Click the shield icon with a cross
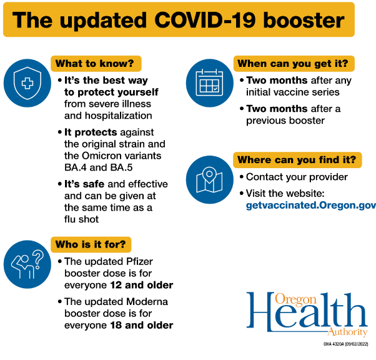[x=27, y=83]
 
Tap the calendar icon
[x=210, y=83]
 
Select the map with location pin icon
[x=210, y=179]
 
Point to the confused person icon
[x=27, y=264]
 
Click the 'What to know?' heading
[x=95, y=64]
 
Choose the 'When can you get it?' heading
[x=293, y=64]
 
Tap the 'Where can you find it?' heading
[x=297, y=160]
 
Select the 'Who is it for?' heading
[x=91, y=244]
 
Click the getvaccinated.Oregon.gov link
[x=311, y=206]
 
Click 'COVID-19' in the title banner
[x=205, y=20]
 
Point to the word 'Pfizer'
[x=139, y=261]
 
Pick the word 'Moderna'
[x=147, y=302]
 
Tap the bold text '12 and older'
[x=142, y=285]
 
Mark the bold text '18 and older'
[x=142, y=325]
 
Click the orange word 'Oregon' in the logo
[x=295, y=299]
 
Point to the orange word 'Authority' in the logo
[x=347, y=332]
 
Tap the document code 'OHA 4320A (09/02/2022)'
[x=345, y=344]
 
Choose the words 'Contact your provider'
[x=297, y=177]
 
